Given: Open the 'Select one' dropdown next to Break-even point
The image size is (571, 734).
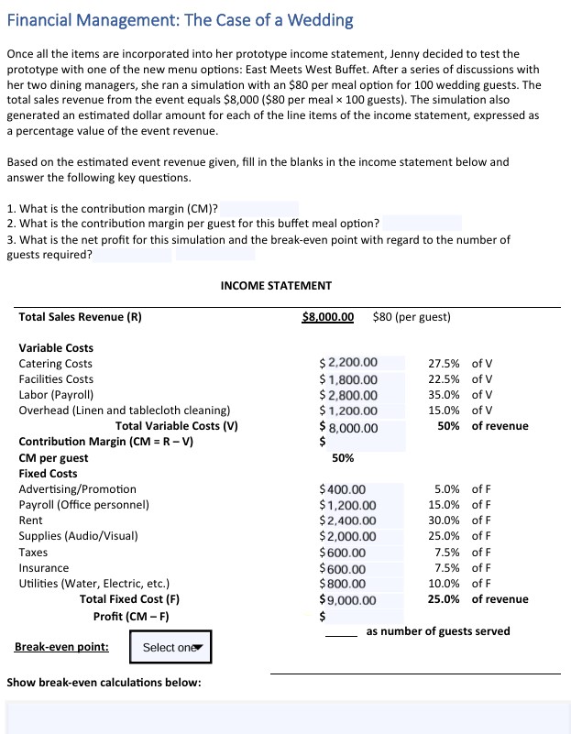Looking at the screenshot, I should (170, 647).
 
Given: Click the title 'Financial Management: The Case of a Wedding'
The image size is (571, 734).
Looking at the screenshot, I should (180, 19).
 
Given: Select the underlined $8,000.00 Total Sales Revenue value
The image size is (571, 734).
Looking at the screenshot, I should (327, 317).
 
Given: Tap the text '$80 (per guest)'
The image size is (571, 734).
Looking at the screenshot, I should (412, 317).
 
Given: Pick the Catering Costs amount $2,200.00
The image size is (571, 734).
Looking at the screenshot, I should (348, 363).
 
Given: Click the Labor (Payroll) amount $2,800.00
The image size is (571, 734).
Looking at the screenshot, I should (348, 395).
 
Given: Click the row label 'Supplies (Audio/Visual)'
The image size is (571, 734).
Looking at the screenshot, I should (79, 536).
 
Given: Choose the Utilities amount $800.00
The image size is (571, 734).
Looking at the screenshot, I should (344, 584).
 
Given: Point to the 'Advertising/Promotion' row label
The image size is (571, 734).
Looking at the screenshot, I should (77, 489).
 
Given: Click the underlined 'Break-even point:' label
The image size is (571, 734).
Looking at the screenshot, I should (61, 647).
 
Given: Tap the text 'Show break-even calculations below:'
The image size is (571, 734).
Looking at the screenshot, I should (104, 683).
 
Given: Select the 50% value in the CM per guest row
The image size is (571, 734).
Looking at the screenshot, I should (343, 457).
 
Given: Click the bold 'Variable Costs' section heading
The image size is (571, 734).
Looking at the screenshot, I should (56, 347).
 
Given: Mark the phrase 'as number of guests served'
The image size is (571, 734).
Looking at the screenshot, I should (438, 631).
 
